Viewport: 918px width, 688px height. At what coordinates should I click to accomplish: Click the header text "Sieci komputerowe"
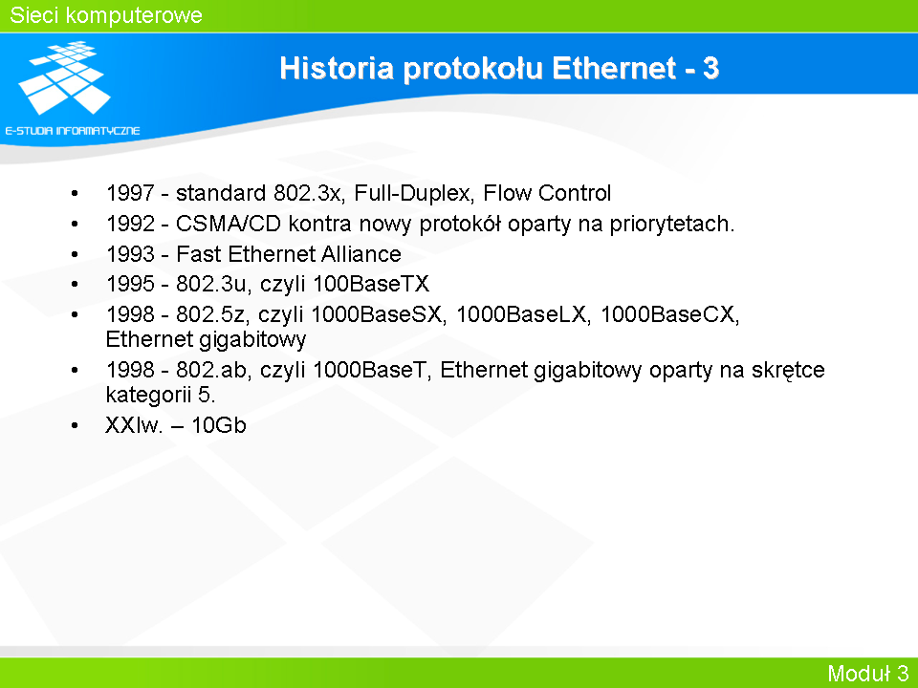coord(106,16)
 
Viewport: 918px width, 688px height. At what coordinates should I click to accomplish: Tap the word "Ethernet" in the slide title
coord(614,68)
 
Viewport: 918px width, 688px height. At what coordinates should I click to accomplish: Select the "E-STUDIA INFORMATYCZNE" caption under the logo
coord(73,131)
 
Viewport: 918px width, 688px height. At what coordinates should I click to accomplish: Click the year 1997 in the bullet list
coord(130,193)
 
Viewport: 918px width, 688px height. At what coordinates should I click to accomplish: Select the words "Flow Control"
coord(547,193)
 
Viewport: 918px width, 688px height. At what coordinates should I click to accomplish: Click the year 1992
coord(130,224)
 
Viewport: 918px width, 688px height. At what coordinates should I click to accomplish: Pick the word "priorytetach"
coord(671,224)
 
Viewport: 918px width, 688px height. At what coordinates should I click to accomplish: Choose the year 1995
coord(130,284)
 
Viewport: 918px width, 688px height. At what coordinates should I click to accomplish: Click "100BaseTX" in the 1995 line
coord(371,284)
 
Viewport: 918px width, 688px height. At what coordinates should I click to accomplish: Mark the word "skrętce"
coord(788,371)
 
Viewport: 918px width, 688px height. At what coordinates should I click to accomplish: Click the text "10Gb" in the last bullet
coord(219,424)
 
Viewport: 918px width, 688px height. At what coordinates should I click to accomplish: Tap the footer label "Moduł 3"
coord(867,673)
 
